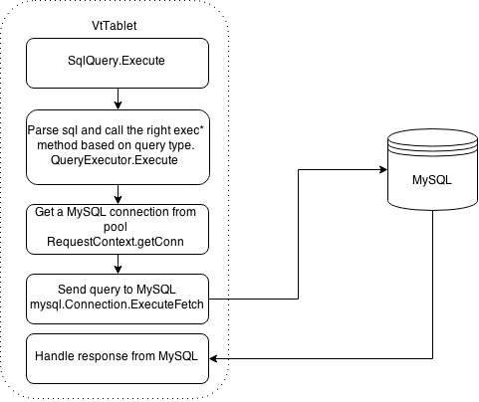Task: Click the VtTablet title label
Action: [115, 26]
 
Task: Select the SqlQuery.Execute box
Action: [118, 63]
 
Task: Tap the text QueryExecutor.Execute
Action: [115, 160]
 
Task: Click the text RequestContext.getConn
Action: [116, 242]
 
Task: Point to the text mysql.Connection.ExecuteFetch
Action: [117, 304]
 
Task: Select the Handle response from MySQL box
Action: [118, 358]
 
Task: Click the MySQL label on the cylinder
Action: [432, 180]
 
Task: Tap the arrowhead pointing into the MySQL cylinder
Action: [383, 170]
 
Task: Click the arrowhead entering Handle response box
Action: [213, 358]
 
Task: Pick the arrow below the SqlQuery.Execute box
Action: [118, 99]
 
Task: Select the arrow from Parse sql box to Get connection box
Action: [118, 194]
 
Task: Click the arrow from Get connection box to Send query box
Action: [118, 264]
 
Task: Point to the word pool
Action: [116, 227]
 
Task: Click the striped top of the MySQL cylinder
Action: [432, 142]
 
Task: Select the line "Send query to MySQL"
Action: [117, 290]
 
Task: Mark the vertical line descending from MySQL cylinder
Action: [432, 285]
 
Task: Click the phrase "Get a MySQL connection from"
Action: [116, 212]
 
